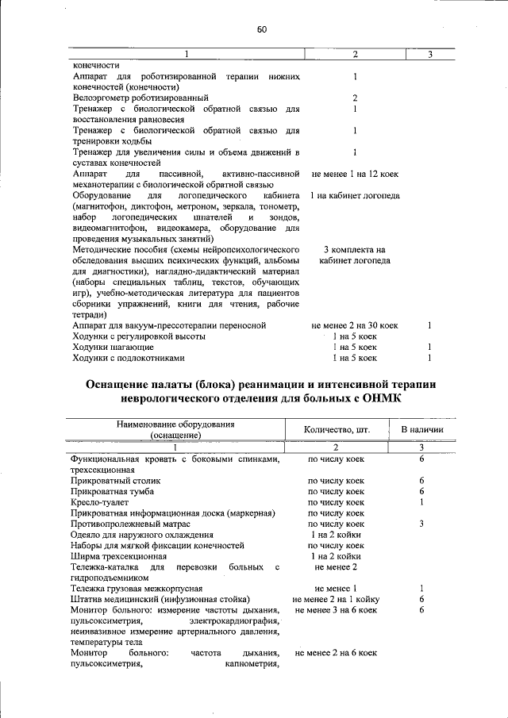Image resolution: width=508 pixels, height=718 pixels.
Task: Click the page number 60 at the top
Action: (x=261, y=30)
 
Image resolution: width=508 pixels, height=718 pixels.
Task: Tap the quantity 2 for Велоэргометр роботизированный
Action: (x=355, y=98)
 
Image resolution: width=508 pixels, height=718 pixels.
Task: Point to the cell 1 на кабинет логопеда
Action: (x=355, y=195)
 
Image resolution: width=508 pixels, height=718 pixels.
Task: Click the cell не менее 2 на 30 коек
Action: (x=355, y=325)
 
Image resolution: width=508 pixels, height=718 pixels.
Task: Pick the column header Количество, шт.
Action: (x=337, y=430)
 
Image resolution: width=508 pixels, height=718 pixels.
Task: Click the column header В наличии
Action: (x=421, y=430)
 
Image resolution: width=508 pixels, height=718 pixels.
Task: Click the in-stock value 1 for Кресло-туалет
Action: (x=421, y=502)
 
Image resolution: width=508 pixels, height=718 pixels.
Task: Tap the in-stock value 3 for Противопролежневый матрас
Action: (x=421, y=524)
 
